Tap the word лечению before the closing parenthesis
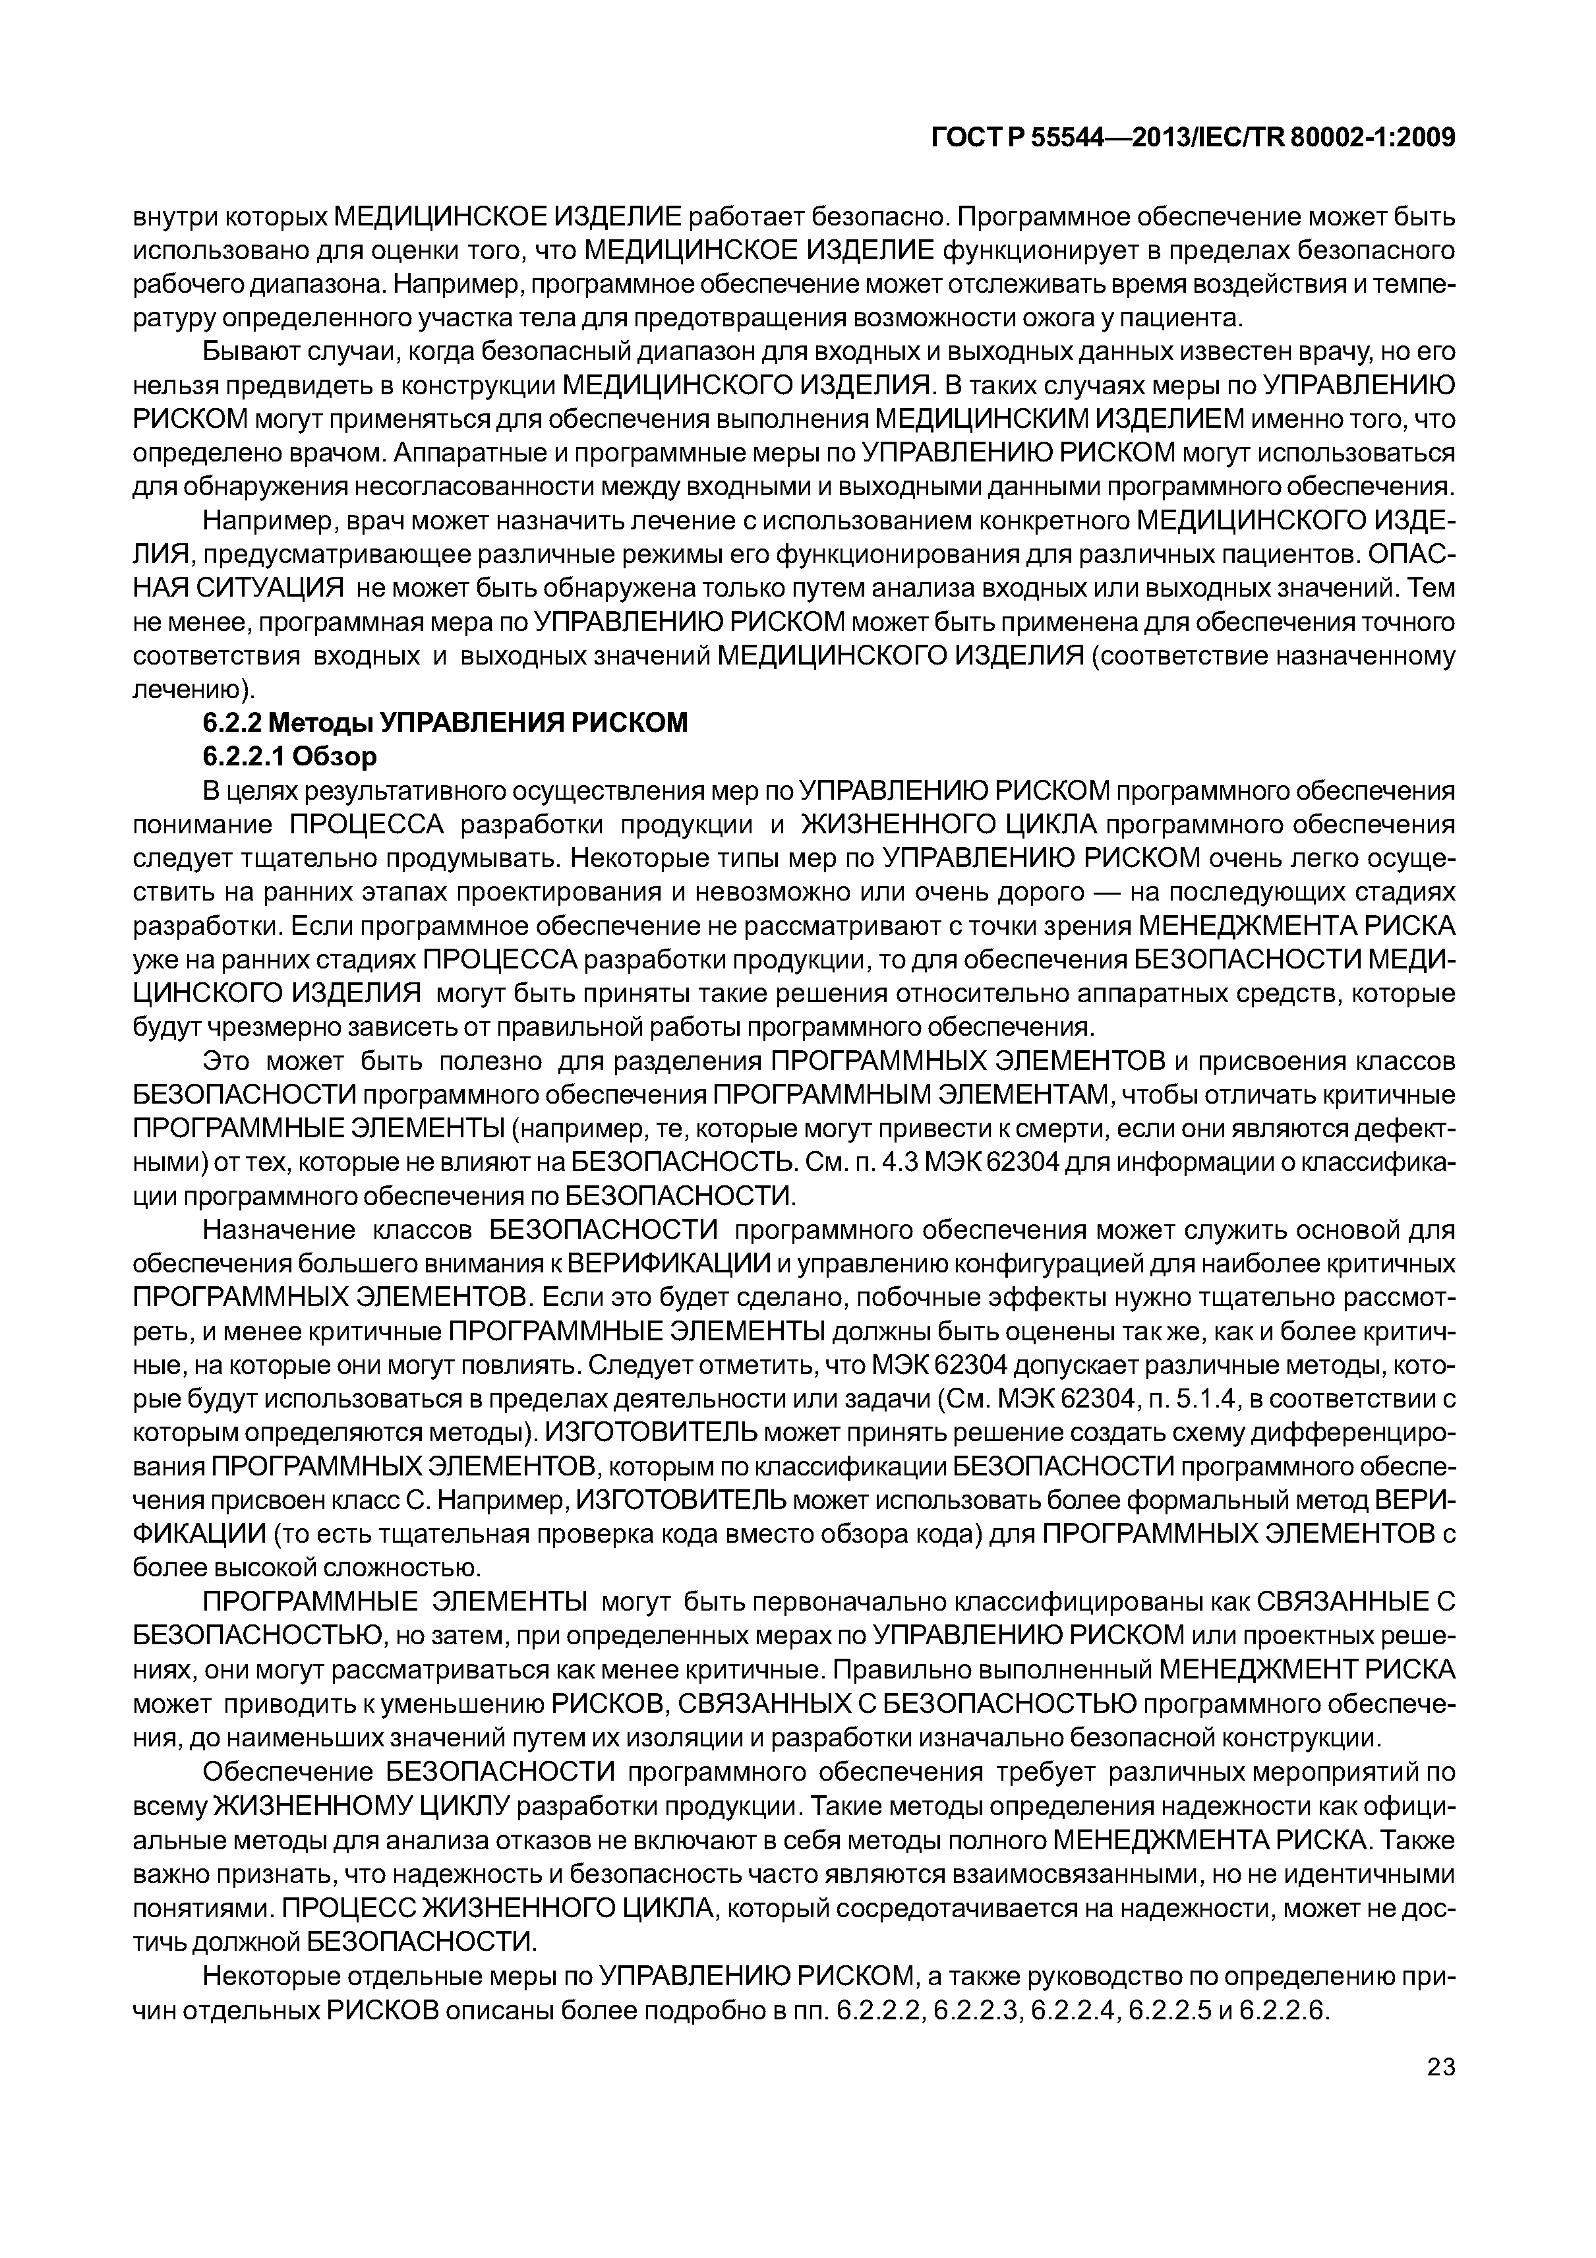(187, 690)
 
